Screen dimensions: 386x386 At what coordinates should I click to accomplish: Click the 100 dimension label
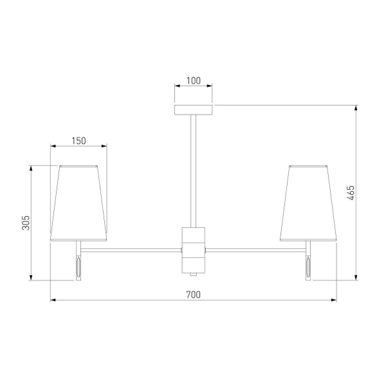tap(194, 81)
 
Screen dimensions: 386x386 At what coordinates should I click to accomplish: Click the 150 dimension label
tap(78, 141)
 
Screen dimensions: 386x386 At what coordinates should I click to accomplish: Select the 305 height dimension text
tap(26, 223)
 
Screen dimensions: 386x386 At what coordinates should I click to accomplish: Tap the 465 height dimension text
tap(351, 193)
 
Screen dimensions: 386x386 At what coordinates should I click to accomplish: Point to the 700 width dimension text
tap(194, 295)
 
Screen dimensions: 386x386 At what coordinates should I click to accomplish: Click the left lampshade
tap(78, 203)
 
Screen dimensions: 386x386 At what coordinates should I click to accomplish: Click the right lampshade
tap(308, 203)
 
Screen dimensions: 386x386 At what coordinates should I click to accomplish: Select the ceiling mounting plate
tap(194, 110)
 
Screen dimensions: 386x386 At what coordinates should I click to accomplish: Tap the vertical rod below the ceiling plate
tap(194, 171)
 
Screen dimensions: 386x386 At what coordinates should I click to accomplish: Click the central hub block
tap(194, 250)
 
